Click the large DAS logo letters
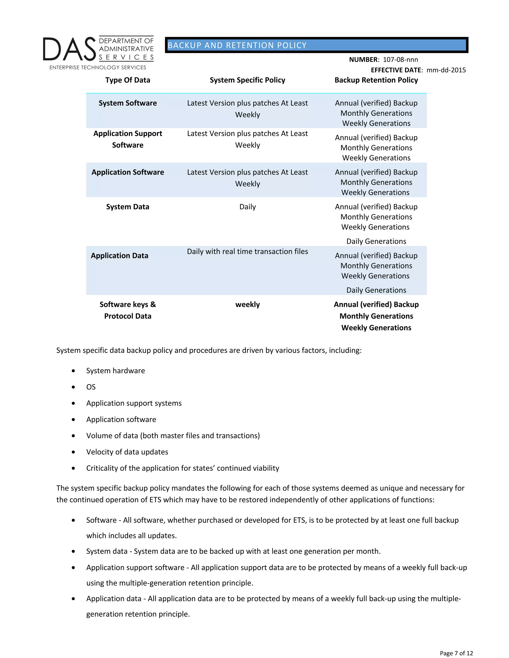coord(69,49)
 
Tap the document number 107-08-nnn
coord(400,60)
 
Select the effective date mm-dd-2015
coord(446,70)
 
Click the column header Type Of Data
coord(127,80)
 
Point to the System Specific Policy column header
coord(247,80)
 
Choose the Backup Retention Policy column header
coord(376,80)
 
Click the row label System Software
coord(127,103)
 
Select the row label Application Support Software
coord(127,139)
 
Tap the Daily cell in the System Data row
coord(247,207)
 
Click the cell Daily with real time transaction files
coord(247,252)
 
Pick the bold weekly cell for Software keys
coord(247,305)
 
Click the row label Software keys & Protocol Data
coord(127,310)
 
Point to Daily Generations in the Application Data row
coord(376,290)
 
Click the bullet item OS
coord(91,387)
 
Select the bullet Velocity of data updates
coord(127,452)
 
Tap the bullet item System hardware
coord(116,371)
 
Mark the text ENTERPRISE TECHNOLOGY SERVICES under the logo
coord(98,68)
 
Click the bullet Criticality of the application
coord(182,468)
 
